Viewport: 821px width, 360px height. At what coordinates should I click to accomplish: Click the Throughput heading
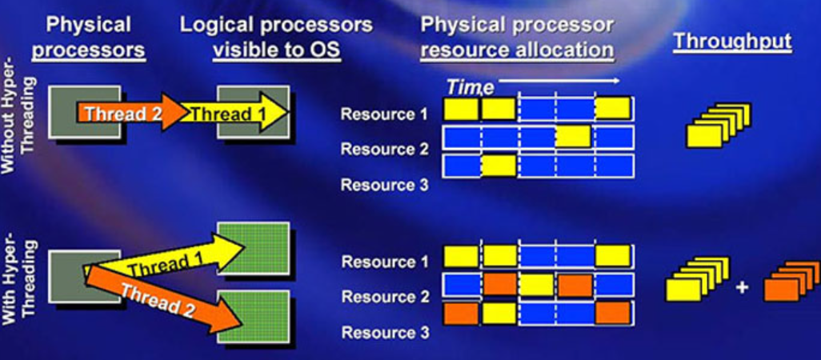[732, 42]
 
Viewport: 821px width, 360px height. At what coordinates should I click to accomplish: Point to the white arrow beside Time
[559, 81]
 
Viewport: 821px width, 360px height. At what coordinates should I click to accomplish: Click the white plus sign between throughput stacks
[742, 286]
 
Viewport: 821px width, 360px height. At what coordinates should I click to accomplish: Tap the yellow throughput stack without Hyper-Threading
[718, 126]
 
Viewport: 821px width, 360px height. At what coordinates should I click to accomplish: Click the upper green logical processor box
[254, 249]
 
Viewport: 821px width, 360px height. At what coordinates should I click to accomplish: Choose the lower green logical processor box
[254, 317]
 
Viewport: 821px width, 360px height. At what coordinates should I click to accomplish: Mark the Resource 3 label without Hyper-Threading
[384, 186]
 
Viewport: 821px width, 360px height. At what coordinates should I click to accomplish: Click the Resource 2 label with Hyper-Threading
[385, 298]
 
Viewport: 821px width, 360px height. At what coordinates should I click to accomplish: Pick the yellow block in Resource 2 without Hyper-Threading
[573, 137]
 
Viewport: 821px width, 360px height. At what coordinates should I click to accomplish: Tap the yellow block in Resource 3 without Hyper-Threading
[499, 166]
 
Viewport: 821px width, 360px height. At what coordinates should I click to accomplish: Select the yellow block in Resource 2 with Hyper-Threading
[537, 285]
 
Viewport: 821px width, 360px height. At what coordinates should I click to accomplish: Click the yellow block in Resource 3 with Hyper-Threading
[499, 314]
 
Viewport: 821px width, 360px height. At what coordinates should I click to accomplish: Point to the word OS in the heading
[325, 50]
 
